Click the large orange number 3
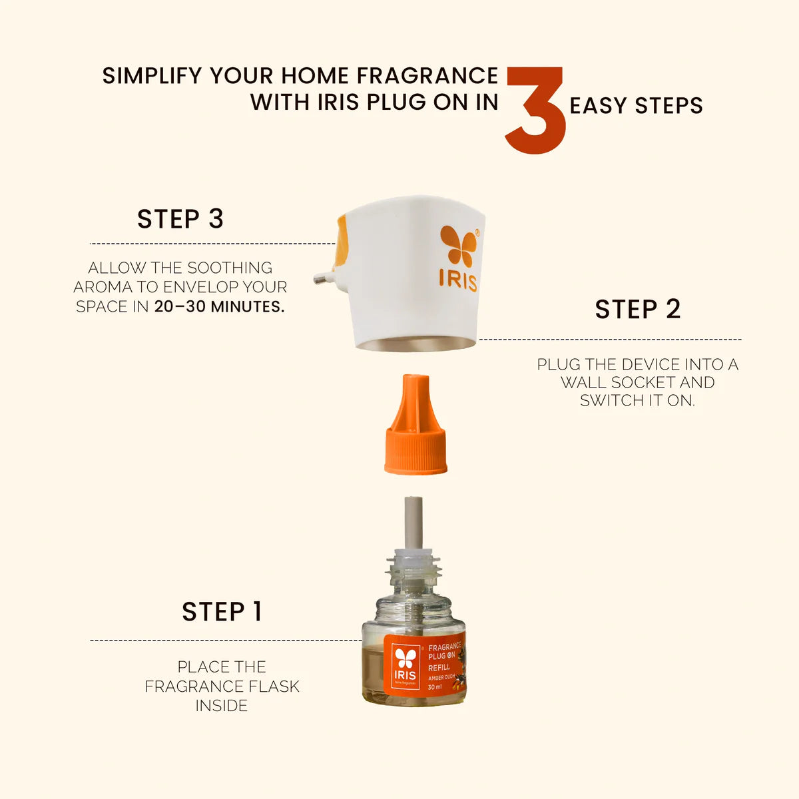tap(535, 111)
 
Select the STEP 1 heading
tap(222, 612)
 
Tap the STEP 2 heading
tap(638, 309)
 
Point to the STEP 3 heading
tap(180, 218)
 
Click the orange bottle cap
tap(415, 423)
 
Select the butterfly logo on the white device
tap(459, 246)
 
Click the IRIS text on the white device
tap(458, 282)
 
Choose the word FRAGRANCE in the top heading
tap(427, 76)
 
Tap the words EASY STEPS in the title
tap(636, 105)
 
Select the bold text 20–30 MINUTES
tap(219, 307)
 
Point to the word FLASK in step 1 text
tap(274, 686)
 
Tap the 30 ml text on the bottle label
tap(435, 687)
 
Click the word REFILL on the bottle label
tap(439, 667)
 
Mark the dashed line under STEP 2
tap(611, 340)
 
